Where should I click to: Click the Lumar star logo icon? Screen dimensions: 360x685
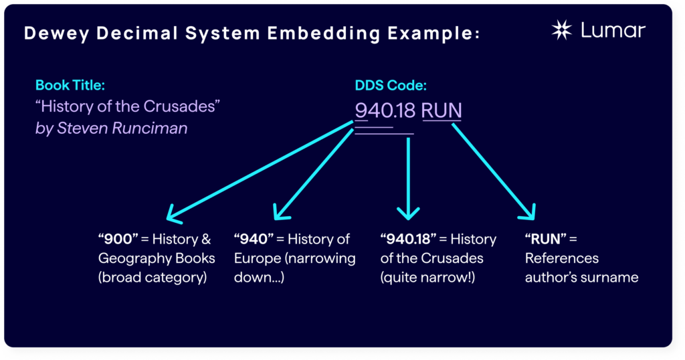(561, 30)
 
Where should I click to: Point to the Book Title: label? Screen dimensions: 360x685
(70, 86)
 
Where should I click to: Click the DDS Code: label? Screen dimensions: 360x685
(391, 86)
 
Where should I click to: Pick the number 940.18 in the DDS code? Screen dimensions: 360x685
(385, 110)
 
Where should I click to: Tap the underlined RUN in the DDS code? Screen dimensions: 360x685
(442, 110)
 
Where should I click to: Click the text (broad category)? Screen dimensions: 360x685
(151, 277)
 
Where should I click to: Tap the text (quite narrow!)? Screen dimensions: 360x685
(427, 277)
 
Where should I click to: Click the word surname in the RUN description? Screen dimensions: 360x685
(611, 277)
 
